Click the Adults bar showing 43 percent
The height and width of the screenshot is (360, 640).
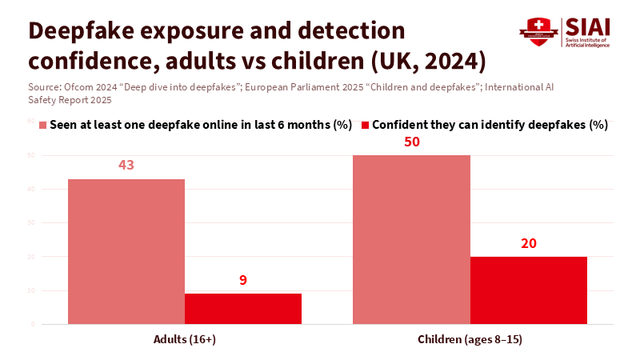(126, 251)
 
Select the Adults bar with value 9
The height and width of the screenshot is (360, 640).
(243, 309)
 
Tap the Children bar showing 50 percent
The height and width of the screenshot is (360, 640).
(411, 239)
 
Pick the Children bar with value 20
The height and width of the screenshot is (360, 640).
(528, 290)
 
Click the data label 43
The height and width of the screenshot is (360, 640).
(126, 166)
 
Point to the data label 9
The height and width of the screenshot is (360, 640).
(243, 280)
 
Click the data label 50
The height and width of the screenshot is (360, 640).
(411, 142)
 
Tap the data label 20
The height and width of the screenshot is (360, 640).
(528, 243)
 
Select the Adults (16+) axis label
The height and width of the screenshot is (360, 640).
(185, 339)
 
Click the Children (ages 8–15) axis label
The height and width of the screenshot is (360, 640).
(470, 339)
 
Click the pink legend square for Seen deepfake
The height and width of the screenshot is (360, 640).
(43, 125)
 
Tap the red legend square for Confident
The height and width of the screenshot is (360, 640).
(366, 125)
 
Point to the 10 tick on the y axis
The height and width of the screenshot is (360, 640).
(31, 290)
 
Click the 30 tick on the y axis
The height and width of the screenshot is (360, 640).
(31, 222)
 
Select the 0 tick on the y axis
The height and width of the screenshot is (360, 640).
(33, 324)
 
